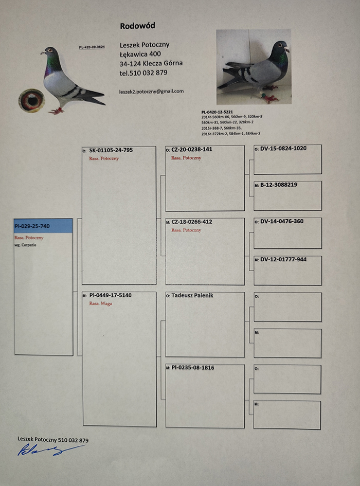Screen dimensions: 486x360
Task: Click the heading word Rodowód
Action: (137, 26)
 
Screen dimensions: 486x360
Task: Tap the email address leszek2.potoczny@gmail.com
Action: (151, 91)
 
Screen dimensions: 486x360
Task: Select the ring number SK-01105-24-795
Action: (111, 151)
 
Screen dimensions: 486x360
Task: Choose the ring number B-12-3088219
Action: (278, 185)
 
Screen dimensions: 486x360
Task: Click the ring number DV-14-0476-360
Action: (281, 222)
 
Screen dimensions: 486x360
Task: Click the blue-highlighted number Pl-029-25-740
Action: (32, 226)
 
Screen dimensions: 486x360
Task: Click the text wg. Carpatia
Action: (26, 245)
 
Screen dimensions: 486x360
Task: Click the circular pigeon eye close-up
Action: (31, 100)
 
